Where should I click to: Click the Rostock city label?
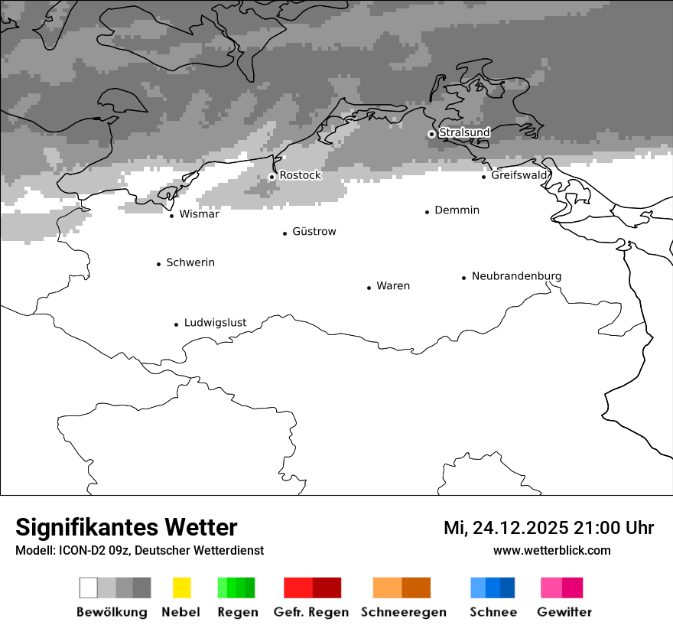point(300,175)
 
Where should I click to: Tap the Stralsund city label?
point(464,132)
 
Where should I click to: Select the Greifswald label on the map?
point(520,175)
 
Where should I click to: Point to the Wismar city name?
point(199,214)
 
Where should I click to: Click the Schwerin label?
point(190,262)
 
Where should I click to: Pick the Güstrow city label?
point(314,232)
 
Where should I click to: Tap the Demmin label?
point(457,210)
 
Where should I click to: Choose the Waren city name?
point(393,286)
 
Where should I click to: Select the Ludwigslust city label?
point(215,323)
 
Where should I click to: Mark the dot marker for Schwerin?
point(158,264)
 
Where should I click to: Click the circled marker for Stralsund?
point(431,134)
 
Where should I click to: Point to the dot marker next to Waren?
point(369,288)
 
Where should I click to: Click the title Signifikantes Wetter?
point(126,528)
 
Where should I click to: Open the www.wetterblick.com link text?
point(551,550)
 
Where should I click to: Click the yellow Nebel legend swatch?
point(181,588)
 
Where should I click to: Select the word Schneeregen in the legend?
point(404,612)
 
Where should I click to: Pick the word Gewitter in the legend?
point(564,612)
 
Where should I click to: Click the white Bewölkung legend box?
point(88,588)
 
